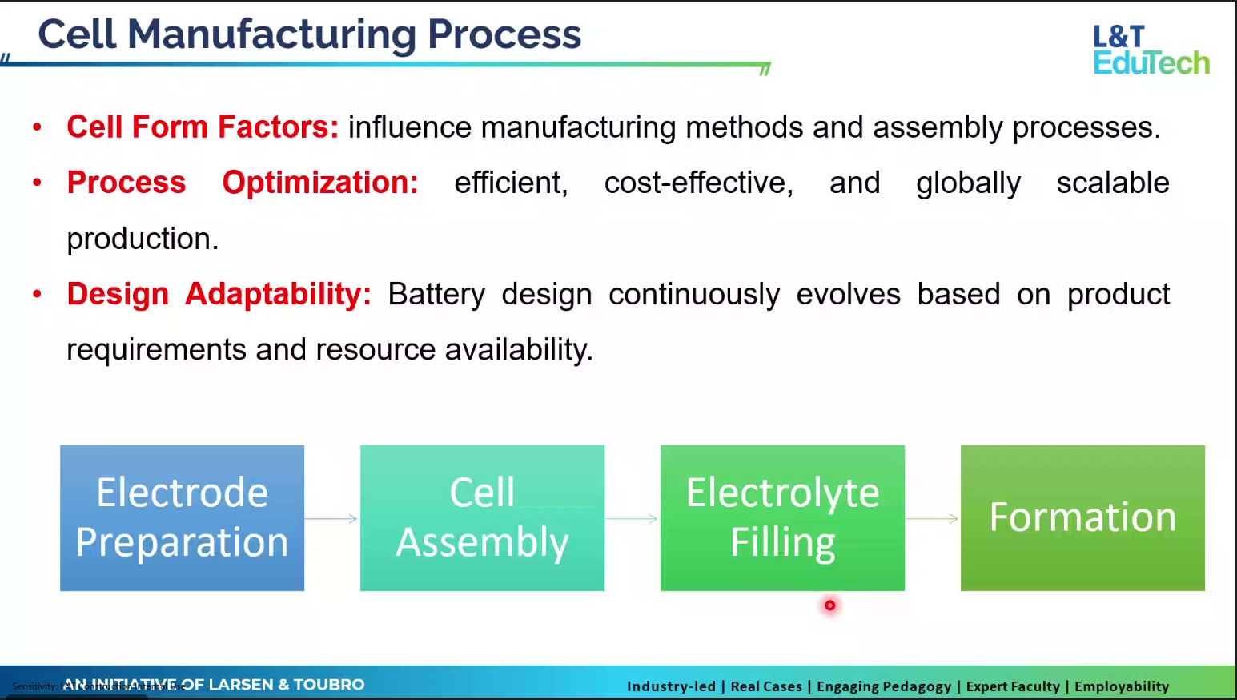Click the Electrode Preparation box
182,517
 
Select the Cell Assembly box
482,517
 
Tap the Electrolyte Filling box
782,517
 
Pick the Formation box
1082,517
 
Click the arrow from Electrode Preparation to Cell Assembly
331,519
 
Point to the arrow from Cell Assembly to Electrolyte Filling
632,519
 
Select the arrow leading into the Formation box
932,519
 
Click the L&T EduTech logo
1151,50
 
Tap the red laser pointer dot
830,605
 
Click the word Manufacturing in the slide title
271,35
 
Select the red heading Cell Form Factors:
203,127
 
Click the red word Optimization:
320,183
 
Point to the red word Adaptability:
278,294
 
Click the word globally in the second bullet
968,183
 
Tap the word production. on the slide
143,239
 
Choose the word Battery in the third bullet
436,295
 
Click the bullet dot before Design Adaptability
37,294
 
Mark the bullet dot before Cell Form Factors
37,127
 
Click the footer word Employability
1121,686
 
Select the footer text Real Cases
766,686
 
